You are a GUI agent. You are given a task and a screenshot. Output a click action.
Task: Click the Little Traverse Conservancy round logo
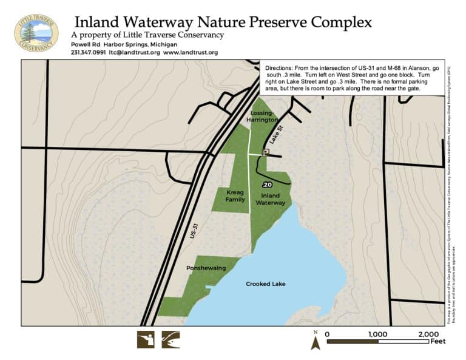tap(36, 32)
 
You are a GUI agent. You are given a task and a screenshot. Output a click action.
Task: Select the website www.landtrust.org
tap(190, 53)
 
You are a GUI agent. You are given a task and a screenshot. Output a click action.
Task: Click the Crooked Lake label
tap(265, 284)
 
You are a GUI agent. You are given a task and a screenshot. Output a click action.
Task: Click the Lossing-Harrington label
tap(262, 117)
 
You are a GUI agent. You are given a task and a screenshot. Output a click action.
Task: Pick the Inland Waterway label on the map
tap(270, 199)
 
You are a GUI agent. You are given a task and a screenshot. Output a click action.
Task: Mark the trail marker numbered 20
tap(268, 184)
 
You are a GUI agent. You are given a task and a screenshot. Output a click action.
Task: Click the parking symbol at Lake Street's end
tap(265, 152)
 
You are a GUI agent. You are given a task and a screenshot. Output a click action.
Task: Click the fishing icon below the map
tap(171, 339)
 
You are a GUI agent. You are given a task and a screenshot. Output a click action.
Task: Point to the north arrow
tap(316, 341)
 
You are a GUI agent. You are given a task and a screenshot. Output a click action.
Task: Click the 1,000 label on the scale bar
tap(378, 334)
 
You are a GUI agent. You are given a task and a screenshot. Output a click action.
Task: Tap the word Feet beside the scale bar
tap(437, 341)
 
